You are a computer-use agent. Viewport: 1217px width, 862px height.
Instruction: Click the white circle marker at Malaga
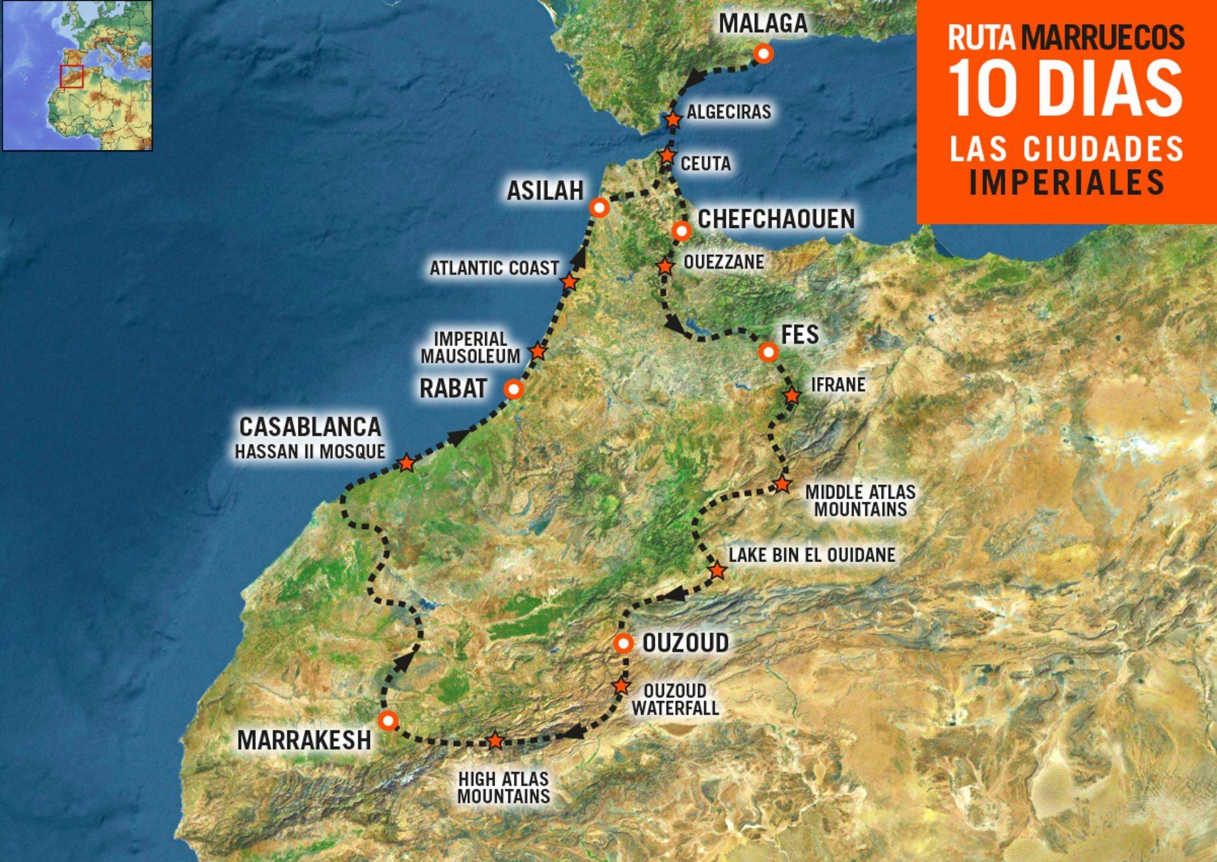(763, 54)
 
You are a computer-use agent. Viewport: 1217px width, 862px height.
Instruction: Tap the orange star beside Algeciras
(673, 119)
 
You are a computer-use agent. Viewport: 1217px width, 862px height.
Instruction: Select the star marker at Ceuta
(667, 155)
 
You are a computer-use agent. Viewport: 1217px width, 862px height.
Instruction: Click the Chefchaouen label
(776, 219)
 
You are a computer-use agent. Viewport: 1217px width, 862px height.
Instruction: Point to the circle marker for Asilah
(599, 207)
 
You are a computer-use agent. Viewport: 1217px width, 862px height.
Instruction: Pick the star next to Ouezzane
(664, 266)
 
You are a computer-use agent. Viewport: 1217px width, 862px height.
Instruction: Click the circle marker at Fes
(768, 352)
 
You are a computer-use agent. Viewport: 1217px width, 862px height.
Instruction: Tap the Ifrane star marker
(792, 396)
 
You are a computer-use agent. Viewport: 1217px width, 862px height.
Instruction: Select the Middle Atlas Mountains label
(860, 501)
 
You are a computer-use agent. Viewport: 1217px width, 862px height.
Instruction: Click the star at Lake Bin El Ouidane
(717, 570)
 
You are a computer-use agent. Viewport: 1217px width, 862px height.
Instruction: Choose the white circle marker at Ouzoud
(624, 644)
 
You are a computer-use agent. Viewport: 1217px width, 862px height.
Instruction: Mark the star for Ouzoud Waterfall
(621, 686)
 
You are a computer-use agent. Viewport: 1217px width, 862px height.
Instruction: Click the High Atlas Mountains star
(495, 740)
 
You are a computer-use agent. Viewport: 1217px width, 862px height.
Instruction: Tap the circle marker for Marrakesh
(388, 721)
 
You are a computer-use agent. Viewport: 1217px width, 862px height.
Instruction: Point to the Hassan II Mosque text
(310, 452)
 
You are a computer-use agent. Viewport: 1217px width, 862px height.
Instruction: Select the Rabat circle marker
(513, 389)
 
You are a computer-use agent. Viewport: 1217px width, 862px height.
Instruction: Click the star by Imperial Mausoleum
(538, 351)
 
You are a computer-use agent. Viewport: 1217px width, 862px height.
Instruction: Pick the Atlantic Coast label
(494, 268)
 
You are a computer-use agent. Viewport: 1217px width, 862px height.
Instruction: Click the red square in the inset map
(72, 76)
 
